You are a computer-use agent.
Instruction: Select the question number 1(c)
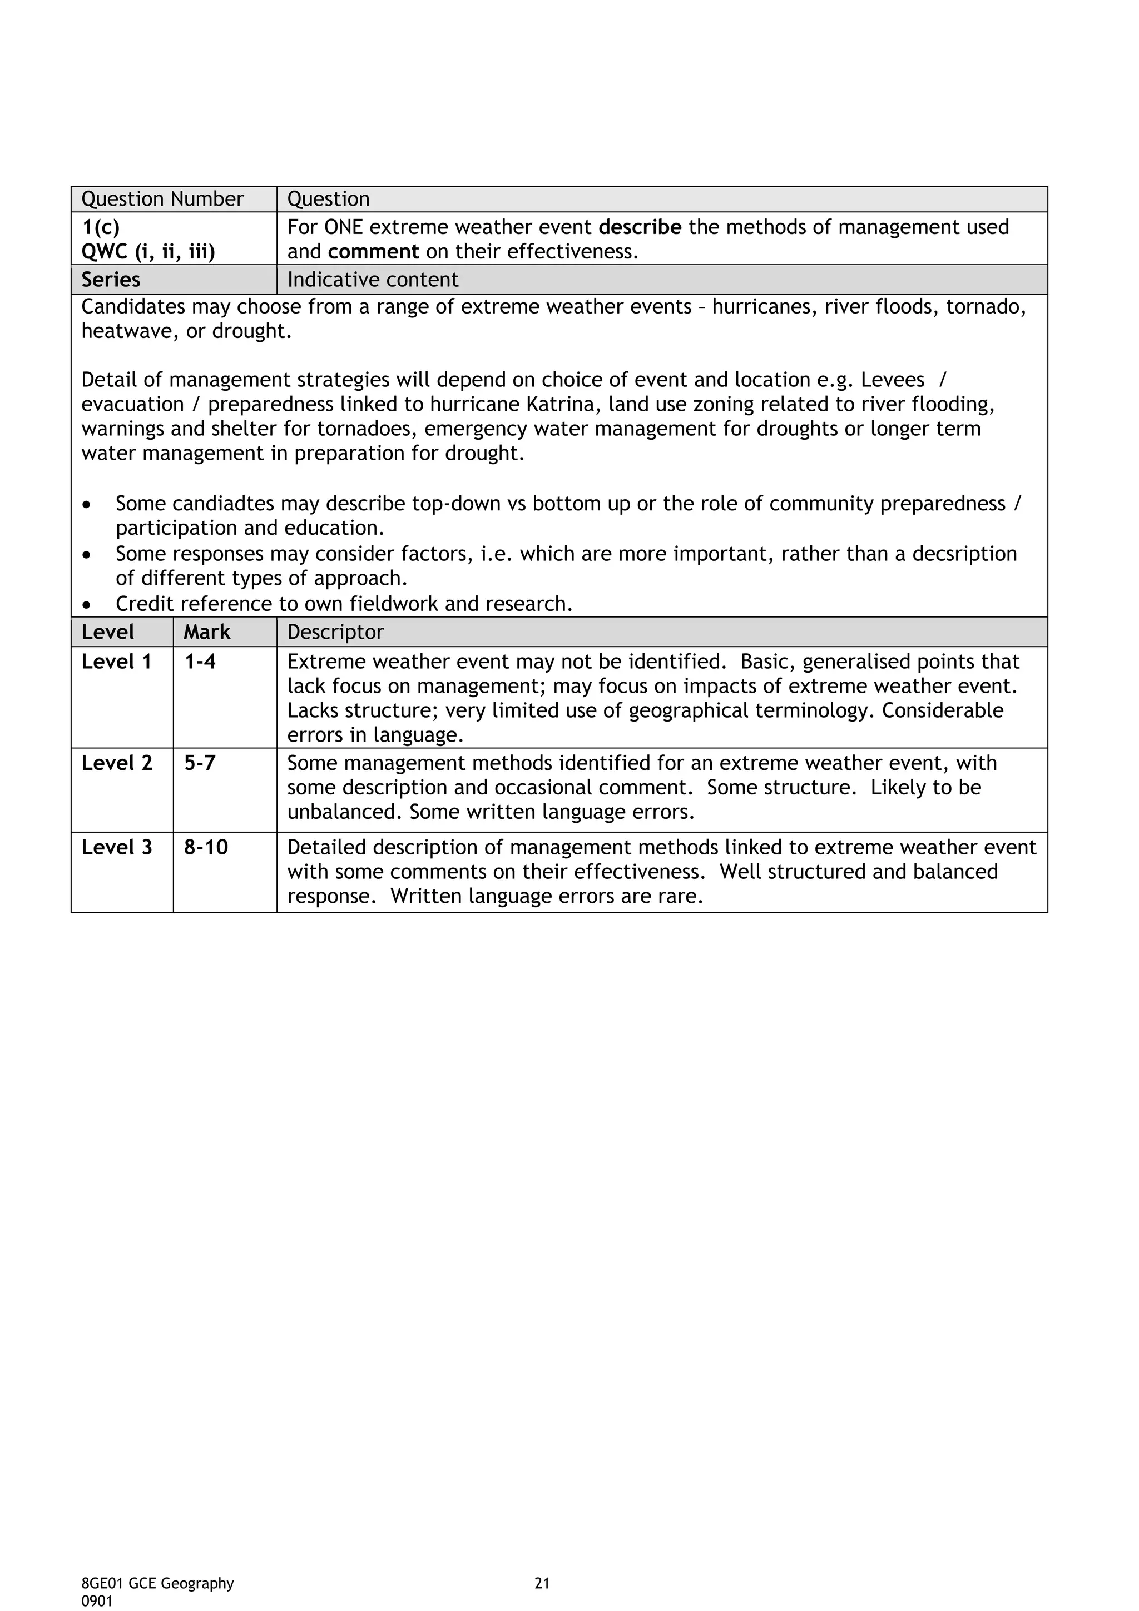click(100, 227)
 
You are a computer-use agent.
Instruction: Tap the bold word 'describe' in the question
click(640, 227)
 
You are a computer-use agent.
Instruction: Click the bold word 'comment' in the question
click(373, 252)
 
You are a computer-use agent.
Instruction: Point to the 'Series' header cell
click(111, 280)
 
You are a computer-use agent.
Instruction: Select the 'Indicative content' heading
click(372, 280)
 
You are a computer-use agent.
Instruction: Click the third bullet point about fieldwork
click(344, 604)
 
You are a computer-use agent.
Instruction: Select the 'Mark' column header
click(207, 632)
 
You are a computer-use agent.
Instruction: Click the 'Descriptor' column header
click(335, 632)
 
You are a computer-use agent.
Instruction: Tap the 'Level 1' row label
click(116, 662)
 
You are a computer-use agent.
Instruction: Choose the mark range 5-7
click(200, 763)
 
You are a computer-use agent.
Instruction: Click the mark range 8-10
click(206, 848)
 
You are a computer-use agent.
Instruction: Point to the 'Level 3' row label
click(116, 848)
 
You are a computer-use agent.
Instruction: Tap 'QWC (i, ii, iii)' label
click(148, 252)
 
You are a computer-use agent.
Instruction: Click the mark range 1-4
click(200, 662)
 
